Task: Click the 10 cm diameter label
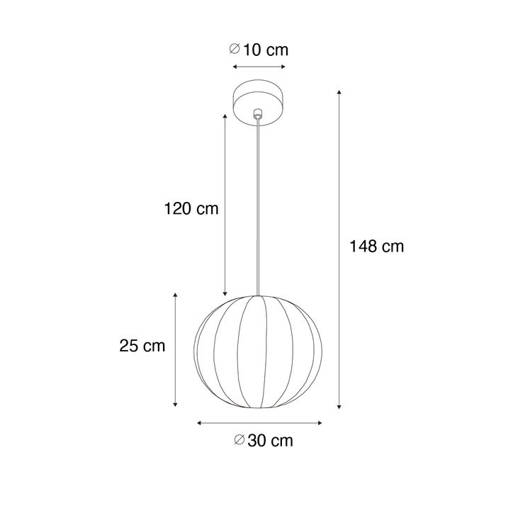[x=259, y=50]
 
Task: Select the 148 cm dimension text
[x=376, y=247]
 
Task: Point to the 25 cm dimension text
[x=142, y=346]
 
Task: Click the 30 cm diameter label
[x=263, y=441]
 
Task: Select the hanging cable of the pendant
[x=259, y=205]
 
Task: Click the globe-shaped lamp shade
[x=259, y=352]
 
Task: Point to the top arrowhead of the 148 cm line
[x=340, y=92]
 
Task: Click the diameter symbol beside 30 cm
[x=239, y=441]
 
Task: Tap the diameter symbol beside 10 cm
[x=235, y=50]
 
